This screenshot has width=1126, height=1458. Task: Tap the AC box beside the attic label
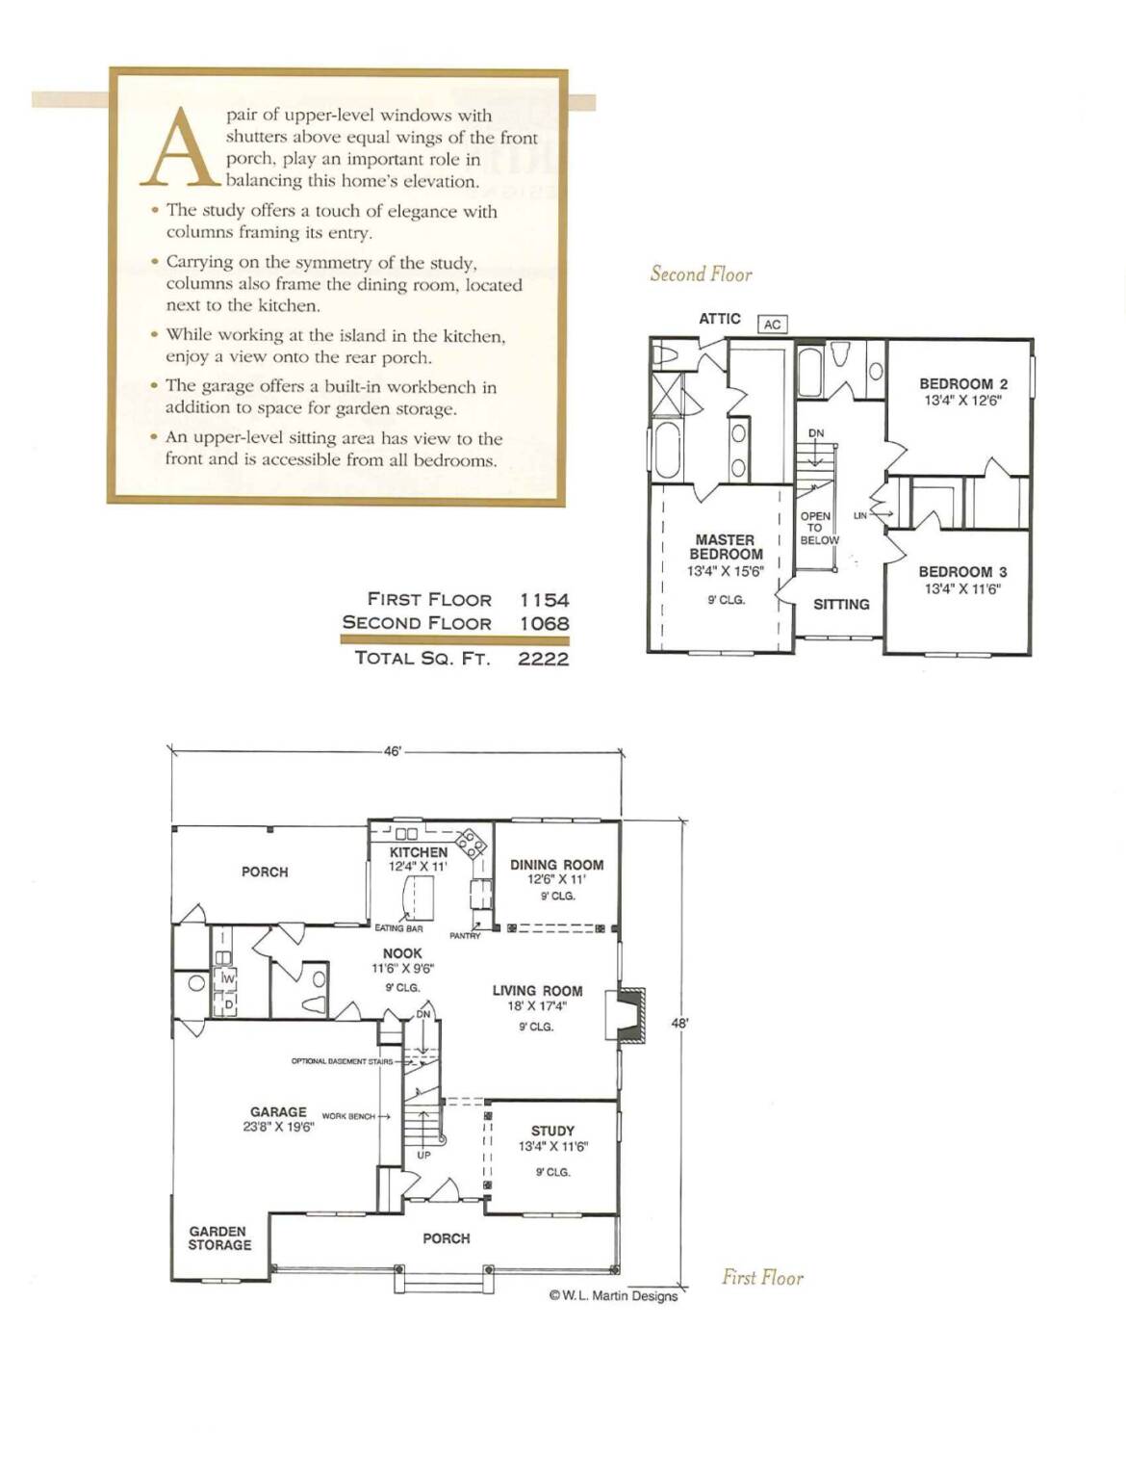(x=772, y=325)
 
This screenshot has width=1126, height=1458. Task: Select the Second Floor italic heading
(x=701, y=273)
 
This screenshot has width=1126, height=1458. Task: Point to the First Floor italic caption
(x=762, y=1277)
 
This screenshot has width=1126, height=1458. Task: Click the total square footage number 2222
(x=543, y=658)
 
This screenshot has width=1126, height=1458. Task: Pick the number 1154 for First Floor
(x=544, y=600)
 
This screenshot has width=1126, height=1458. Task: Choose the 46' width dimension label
(x=392, y=752)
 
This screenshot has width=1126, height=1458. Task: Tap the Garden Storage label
(x=219, y=1237)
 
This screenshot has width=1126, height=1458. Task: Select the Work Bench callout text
(x=348, y=1116)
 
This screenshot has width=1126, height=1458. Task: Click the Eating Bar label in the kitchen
(x=398, y=928)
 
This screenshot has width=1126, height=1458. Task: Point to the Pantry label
(x=465, y=936)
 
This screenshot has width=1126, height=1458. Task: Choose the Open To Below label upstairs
(x=819, y=528)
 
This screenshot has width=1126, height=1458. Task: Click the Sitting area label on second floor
(x=841, y=605)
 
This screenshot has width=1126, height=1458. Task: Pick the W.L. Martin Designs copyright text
(x=613, y=1296)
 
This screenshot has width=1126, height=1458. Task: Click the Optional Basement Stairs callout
(x=342, y=1061)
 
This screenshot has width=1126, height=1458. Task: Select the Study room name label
(x=552, y=1131)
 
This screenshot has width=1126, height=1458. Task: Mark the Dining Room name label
(x=557, y=866)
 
